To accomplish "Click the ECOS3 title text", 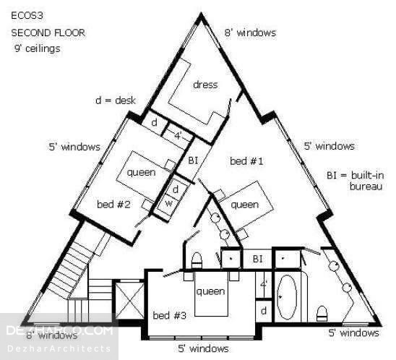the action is pos(27,16).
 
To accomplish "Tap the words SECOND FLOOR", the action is pos(48,33).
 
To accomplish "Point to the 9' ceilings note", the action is pos(38,48).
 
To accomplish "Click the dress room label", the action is pos(205,85).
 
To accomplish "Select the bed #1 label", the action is pos(246,161).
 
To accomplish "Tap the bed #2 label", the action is pos(113,204).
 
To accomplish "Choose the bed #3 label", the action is pos(170,315).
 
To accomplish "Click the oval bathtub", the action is pos(287,296).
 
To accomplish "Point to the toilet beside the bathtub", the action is pos(322,314).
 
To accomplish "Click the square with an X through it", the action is pos(129,300).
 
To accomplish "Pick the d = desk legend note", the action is pos(116,100).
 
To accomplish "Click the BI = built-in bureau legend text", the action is pos(356,181).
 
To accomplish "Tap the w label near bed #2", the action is pos(168,203).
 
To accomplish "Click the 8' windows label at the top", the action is pos(250,33).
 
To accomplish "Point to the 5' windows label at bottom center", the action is pos(203,349).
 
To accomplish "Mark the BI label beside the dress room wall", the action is pos(193,160).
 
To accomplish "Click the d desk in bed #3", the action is pos(264,311).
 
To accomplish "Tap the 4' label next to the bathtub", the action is pos(264,285).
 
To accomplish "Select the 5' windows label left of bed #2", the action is pos(74,147).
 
